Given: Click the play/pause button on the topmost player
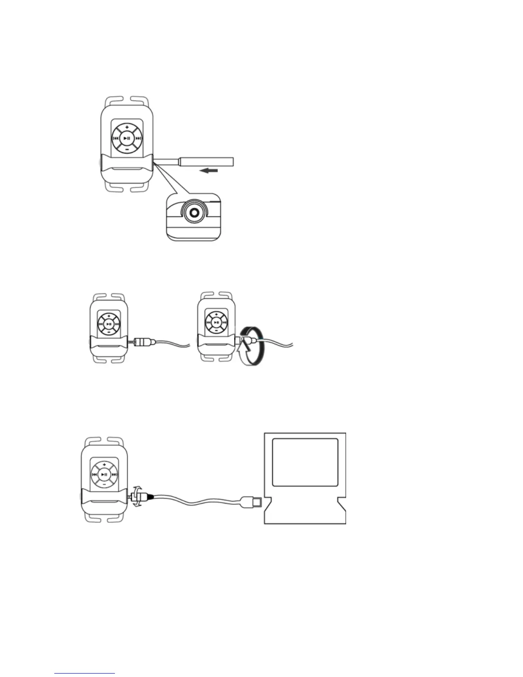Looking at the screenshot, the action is pyautogui.click(x=126, y=138).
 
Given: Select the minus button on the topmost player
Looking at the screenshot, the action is pyautogui.click(x=126, y=149).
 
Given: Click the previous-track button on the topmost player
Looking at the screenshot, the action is pyautogui.click(x=115, y=138).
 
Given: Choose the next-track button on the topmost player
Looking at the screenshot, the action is pyautogui.click(x=138, y=138).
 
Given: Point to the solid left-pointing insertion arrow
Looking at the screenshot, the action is pyautogui.click(x=209, y=171).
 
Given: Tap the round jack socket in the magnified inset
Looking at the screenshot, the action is pyautogui.click(x=194, y=212).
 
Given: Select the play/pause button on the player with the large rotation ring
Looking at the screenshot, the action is pyautogui.click(x=217, y=323).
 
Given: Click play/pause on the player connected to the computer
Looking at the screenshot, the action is pyautogui.click(x=104, y=474).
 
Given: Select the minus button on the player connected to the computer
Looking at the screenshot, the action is pyautogui.click(x=104, y=485).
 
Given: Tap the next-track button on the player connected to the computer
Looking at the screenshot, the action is pyautogui.click(x=115, y=474).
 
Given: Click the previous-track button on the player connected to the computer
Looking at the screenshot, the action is pyautogui.click(x=94, y=474).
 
